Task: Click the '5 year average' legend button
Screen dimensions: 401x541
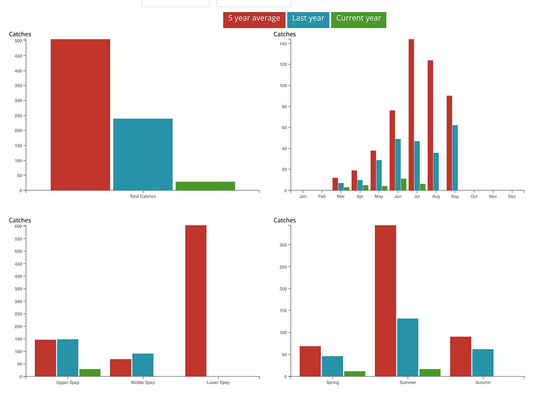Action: coord(254,19)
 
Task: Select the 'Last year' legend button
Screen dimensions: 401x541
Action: coord(308,19)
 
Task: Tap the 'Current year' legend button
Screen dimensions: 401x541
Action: coord(358,19)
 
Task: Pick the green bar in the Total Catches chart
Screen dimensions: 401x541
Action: coord(205,186)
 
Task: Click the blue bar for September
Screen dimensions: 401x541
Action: coord(455,158)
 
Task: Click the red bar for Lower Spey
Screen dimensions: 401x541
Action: coord(195,301)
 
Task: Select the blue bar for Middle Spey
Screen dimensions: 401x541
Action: coord(142,365)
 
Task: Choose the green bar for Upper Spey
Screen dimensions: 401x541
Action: coord(90,373)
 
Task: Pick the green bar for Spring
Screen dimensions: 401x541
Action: coord(354,373)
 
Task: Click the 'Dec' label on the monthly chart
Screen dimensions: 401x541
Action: coord(512,196)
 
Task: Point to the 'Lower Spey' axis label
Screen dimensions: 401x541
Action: coord(218,383)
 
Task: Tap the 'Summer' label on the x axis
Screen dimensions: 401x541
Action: coord(407,383)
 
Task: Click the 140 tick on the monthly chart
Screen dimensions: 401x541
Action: coord(283,44)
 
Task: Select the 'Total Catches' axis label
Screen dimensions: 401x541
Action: coord(142,196)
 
